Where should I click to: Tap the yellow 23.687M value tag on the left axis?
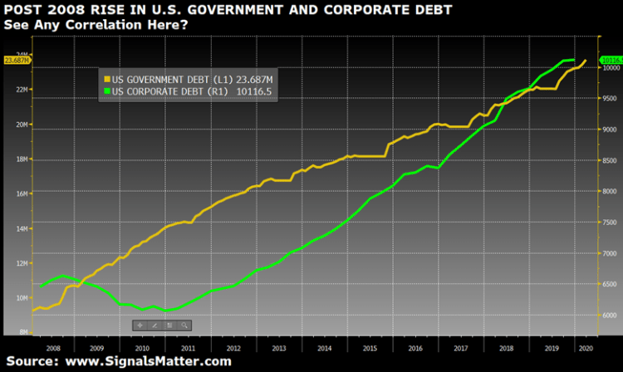click(x=17, y=60)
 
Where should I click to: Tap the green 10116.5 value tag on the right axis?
click(x=611, y=60)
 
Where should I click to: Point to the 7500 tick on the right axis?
click(x=609, y=223)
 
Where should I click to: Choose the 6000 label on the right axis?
click(x=609, y=316)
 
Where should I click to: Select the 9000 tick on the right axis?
click(x=609, y=130)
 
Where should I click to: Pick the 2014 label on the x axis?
click(x=324, y=348)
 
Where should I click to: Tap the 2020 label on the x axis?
click(x=586, y=348)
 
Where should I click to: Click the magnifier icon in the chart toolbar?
click(x=184, y=325)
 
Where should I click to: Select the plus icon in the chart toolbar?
click(x=140, y=325)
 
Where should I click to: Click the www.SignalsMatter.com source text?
click(x=148, y=361)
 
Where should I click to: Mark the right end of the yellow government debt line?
click(x=586, y=60)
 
